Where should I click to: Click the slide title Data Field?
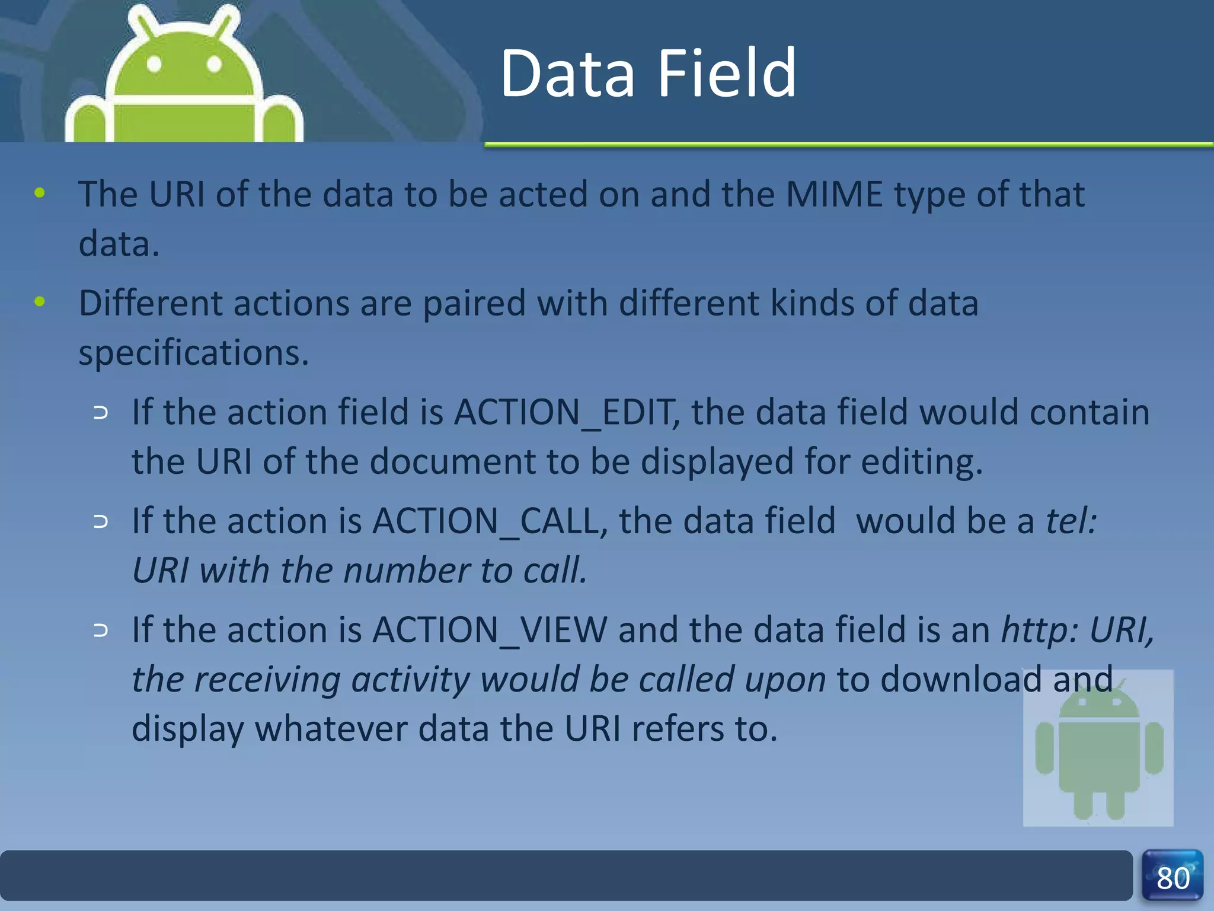point(648,74)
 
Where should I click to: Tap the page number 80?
point(1173,878)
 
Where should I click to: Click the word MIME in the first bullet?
point(834,194)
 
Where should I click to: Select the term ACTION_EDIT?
point(563,412)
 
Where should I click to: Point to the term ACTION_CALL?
point(486,521)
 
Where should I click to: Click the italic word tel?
point(1071,521)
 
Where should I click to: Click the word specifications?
point(193,353)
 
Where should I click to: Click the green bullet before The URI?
point(40,193)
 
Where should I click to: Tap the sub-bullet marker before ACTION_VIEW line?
point(101,630)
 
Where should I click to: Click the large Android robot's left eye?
point(154,64)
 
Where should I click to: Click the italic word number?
point(407,571)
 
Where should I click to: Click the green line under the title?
point(848,144)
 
